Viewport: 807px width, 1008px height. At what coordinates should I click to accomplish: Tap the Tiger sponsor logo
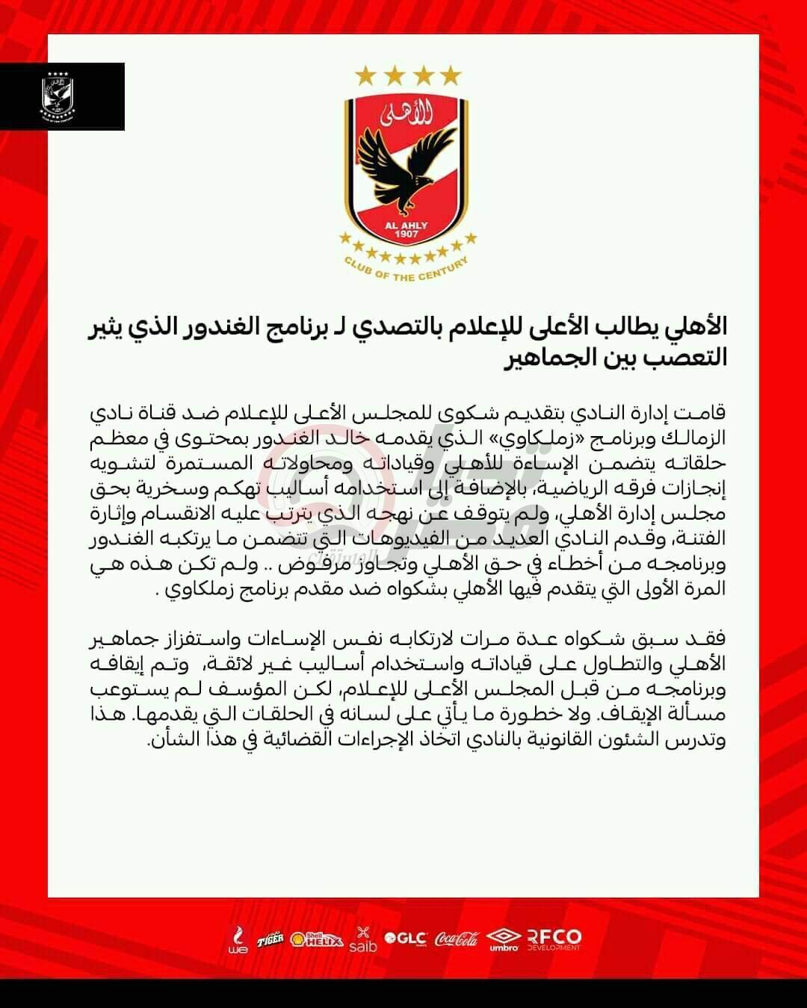270,939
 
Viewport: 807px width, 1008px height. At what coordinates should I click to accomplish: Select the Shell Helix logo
317,939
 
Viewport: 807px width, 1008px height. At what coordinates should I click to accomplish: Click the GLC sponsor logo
405,939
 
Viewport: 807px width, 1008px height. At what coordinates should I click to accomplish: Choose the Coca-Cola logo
457,939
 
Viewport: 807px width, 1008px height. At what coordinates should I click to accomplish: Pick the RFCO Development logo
554,939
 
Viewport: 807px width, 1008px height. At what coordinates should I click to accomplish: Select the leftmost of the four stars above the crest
365,75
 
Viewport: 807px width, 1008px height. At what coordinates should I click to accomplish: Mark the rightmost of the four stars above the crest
451,75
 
